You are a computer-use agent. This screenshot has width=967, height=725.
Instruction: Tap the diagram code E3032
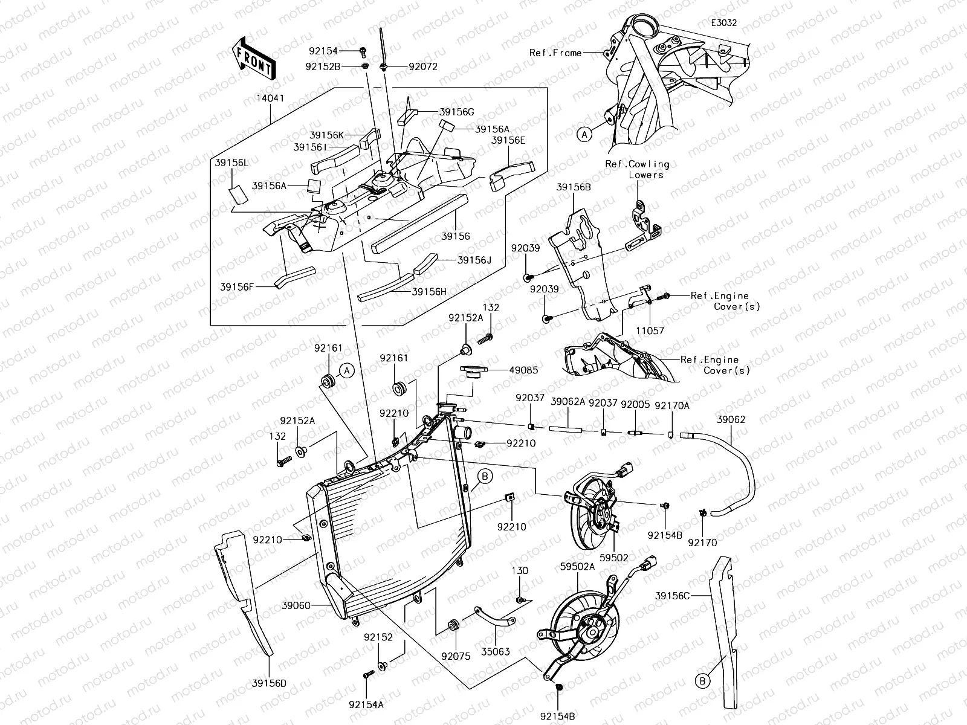click(723, 24)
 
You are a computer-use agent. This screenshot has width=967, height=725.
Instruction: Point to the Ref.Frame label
click(555, 53)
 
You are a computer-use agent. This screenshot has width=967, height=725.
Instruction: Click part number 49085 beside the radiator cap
click(523, 370)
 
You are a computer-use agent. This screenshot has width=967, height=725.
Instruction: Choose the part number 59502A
click(577, 567)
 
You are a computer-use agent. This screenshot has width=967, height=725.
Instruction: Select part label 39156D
click(269, 683)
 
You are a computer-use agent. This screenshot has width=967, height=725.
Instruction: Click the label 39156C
click(672, 596)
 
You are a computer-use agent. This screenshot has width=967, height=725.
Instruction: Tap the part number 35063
click(496, 652)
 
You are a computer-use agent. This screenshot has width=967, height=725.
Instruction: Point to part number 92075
click(456, 656)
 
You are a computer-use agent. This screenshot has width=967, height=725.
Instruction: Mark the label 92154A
click(366, 704)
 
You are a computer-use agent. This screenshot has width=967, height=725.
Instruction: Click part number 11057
click(650, 331)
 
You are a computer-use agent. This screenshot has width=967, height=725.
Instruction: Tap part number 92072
click(423, 67)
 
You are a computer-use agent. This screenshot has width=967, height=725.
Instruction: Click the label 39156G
click(457, 112)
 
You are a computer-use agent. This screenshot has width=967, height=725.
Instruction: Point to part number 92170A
click(672, 406)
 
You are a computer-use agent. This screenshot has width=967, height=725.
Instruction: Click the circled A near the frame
click(584, 135)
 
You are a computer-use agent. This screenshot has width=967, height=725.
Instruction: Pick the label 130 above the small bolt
click(520, 571)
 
